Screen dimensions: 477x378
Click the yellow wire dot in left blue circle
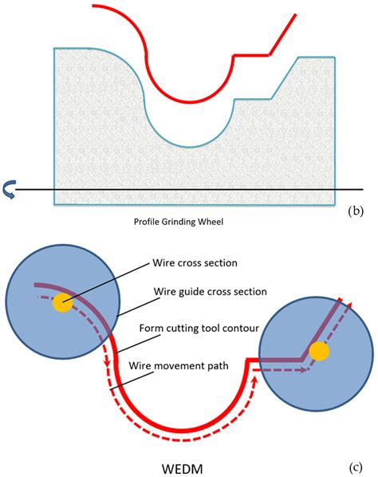(62, 302)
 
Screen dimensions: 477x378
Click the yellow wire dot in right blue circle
(319, 351)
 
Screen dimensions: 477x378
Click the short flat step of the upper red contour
(250, 55)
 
